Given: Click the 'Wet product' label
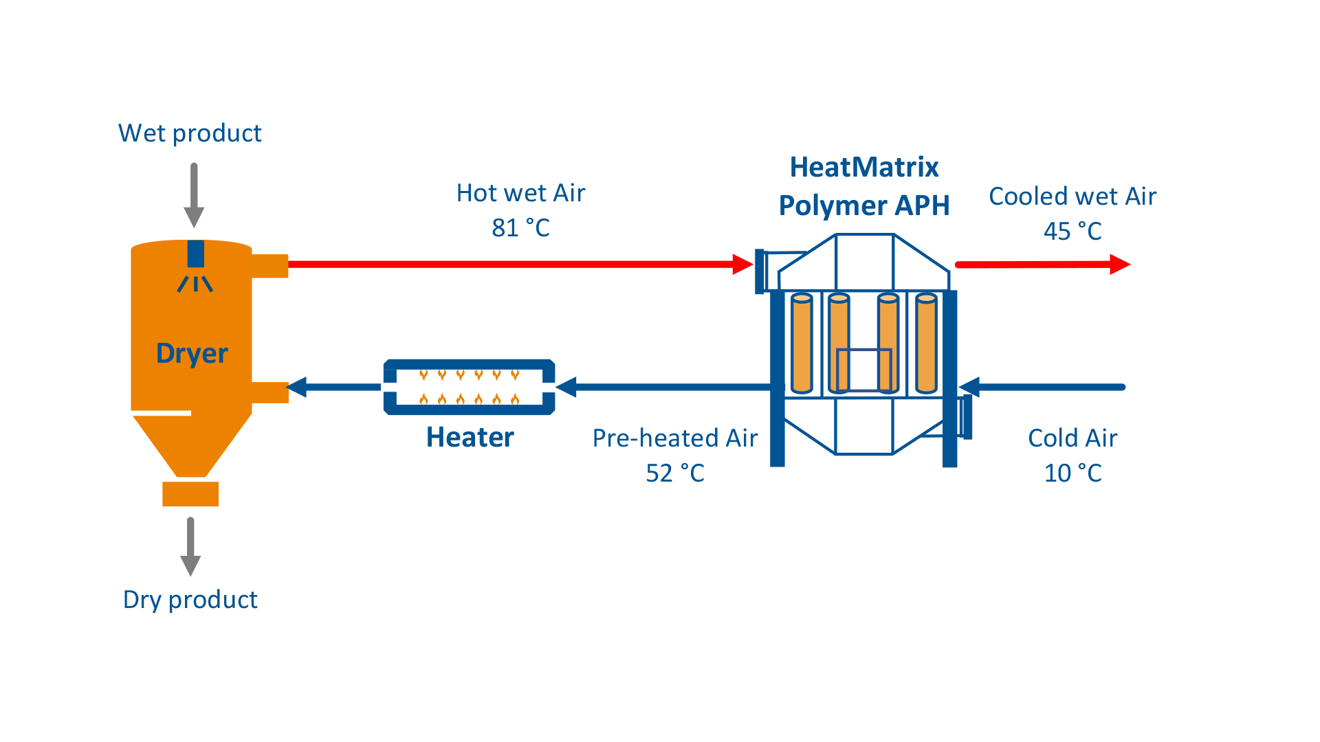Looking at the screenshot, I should point(190,133).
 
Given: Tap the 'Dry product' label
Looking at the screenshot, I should point(190,600).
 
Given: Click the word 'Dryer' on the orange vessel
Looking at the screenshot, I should point(192,353).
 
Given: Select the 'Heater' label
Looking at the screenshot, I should point(470,438).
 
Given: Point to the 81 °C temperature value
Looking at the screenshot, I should point(520,228).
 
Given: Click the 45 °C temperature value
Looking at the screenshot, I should point(1072,232).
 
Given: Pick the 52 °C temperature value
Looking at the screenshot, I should point(675,473).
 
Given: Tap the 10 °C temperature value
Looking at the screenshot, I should point(1072,473).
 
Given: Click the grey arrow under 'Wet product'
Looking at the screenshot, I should point(194,196).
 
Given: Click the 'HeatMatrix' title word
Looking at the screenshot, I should point(864,168).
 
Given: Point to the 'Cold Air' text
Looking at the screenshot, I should point(1072,438).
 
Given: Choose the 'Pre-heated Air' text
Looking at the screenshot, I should point(675,438).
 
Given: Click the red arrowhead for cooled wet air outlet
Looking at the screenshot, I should point(1119,265).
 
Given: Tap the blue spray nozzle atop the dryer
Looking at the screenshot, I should point(196,254).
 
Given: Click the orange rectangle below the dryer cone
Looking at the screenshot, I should point(190,494).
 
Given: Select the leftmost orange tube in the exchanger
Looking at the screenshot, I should point(802,344).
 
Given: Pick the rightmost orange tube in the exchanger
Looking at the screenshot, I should point(926,344).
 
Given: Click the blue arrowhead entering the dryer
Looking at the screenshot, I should point(297,387).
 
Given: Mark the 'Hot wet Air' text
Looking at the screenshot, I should point(520,194).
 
